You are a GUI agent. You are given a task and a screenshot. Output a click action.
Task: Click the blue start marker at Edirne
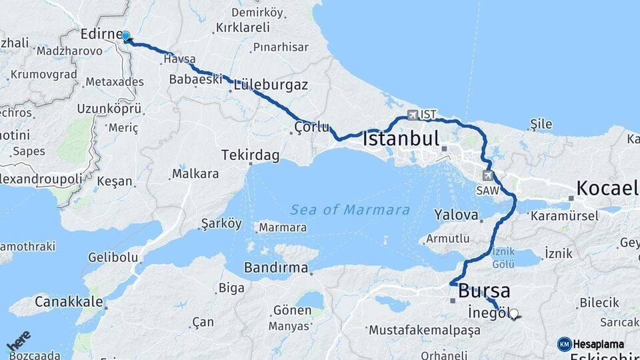(125, 37)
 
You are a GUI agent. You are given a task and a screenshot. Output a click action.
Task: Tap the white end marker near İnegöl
(513, 313)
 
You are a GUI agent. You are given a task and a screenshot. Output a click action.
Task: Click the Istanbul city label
(401, 139)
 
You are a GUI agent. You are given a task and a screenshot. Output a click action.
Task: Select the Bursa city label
(484, 291)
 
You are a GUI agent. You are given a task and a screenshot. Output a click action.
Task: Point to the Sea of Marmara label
(350, 210)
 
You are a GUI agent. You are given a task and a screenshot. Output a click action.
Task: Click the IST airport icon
(412, 115)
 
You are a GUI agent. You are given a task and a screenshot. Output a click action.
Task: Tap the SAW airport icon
(488, 175)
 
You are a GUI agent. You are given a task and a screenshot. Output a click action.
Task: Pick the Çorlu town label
(312, 127)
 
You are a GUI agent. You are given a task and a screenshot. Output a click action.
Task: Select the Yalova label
(457, 215)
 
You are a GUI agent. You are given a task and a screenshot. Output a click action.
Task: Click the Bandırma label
(276, 268)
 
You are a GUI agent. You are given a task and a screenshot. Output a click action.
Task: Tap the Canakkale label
(68, 301)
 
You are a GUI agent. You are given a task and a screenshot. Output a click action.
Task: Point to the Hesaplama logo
(591, 344)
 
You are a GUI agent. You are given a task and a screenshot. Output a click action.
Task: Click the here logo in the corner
(19, 342)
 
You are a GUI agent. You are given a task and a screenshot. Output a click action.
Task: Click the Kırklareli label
(243, 28)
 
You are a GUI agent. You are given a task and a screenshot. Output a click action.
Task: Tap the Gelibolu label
(113, 257)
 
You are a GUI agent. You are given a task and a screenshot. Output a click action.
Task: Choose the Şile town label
(541, 124)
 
